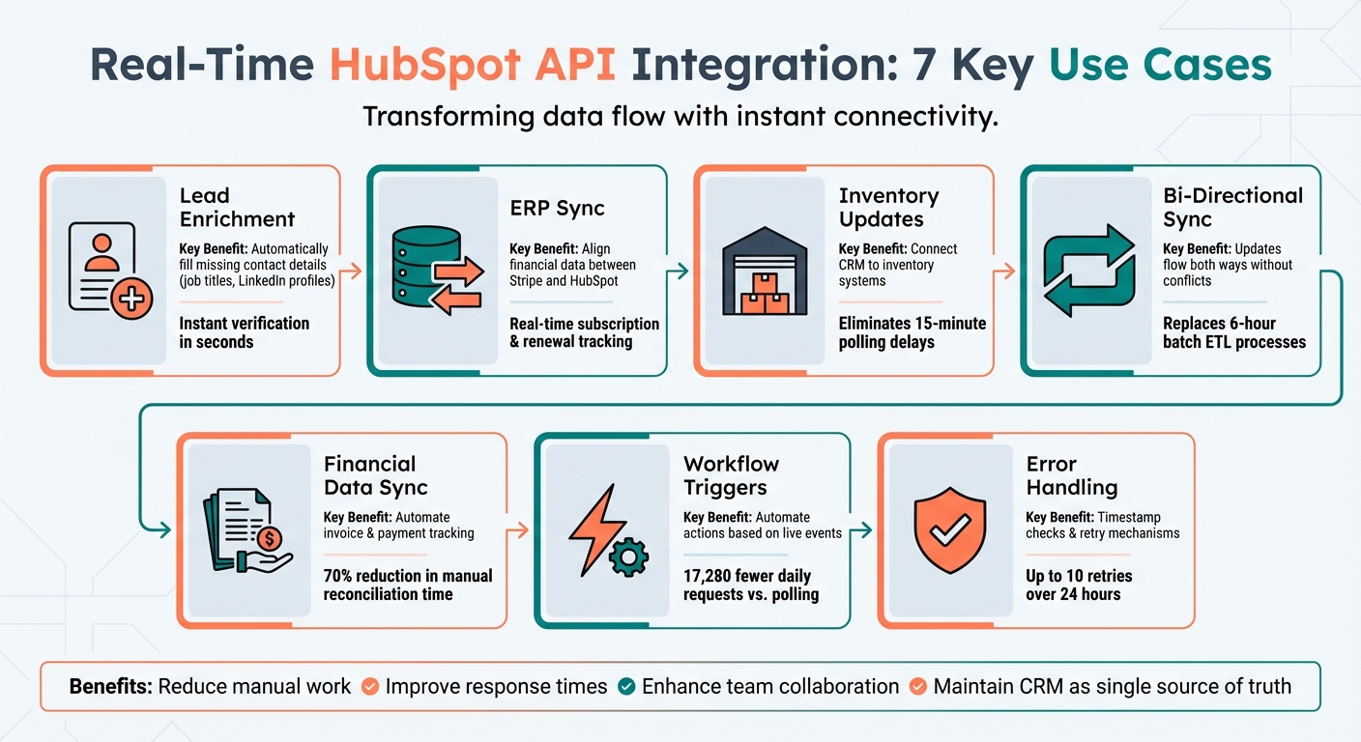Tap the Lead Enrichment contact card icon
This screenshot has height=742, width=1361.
(x=102, y=270)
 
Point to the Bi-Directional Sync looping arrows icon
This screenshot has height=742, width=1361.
(x=1088, y=271)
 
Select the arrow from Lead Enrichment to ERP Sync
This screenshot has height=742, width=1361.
(x=354, y=271)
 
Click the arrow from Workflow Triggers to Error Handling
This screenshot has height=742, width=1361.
(x=864, y=530)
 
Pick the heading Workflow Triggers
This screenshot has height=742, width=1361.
(x=731, y=474)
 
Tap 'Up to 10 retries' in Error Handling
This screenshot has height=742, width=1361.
(x=1079, y=576)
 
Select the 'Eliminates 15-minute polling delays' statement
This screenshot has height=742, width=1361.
(x=912, y=332)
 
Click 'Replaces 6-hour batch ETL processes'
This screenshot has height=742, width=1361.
(x=1233, y=332)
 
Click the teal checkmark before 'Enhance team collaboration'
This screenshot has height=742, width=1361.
(x=625, y=687)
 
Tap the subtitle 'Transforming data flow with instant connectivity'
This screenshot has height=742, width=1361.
(x=680, y=118)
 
